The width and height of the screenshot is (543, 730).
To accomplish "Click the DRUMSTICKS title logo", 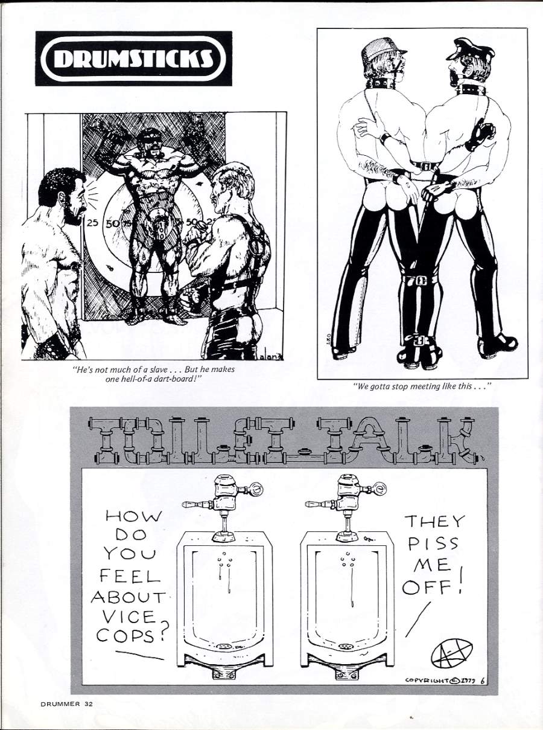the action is pyautogui.click(x=133, y=59).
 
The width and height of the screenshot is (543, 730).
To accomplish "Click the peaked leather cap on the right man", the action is pyautogui.click(x=471, y=50).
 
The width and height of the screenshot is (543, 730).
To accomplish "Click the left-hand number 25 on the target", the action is pyautogui.click(x=92, y=223).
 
